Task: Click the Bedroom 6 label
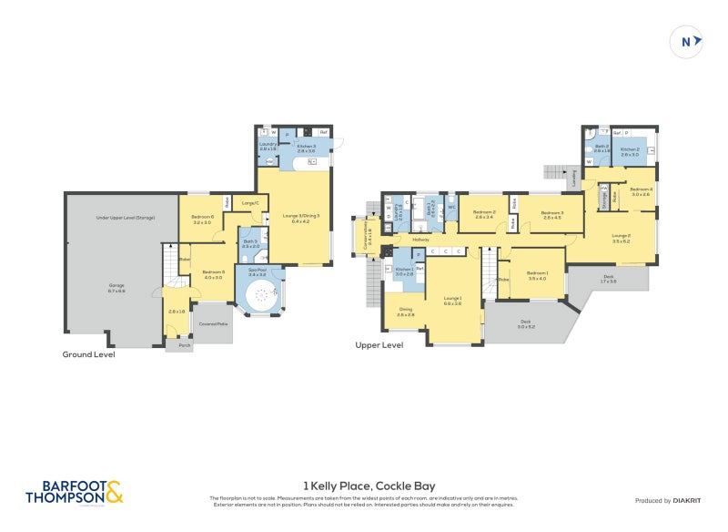[202, 220]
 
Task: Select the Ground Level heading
[88, 354]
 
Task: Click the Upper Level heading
[379, 346]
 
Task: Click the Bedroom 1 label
[537, 275]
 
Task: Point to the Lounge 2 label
[621, 239]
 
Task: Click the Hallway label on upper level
[420, 240]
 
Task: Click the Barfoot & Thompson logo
[74, 493]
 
